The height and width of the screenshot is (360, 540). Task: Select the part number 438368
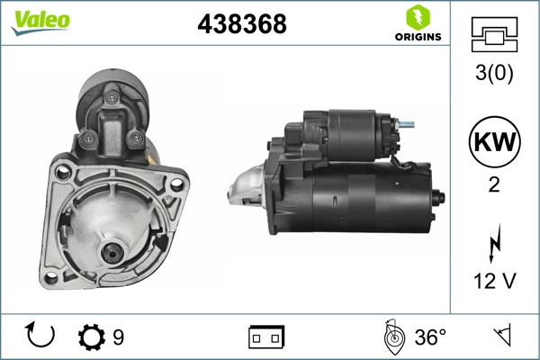point(241,25)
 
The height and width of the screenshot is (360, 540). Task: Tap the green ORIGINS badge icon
point(417,17)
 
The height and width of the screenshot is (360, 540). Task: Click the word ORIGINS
point(418,37)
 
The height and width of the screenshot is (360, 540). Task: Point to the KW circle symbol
point(492,142)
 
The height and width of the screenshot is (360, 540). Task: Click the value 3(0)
point(493,75)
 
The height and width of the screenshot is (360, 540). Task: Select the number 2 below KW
point(493,184)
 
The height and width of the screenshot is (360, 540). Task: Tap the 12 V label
point(493,282)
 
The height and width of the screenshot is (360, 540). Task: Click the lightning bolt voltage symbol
point(493,243)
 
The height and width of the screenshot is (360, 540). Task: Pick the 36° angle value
point(430,337)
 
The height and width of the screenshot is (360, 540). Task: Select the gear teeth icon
point(93,337)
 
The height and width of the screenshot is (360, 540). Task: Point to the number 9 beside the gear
point(119,337)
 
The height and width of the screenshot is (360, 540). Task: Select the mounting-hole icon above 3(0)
point(493,36)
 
